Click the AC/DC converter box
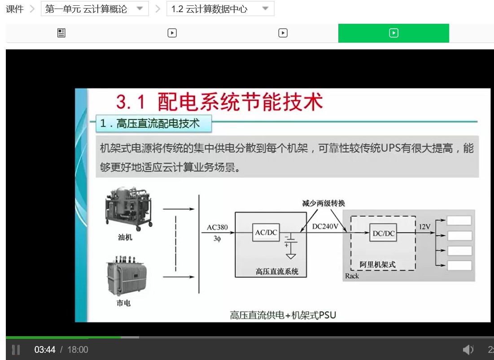click(266, 233)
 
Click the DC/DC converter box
click(384, 233)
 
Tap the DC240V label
click(325, 226)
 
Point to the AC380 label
click(217, 227)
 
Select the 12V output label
click(424, 226)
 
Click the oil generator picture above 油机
click(128, 208)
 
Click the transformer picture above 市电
click(127, 276)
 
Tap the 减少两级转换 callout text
click(324, 203)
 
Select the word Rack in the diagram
click(352, 276)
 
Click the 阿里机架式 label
click(377, 264)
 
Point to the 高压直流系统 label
click(277, 271)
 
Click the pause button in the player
click(16, 350)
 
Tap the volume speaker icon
click(468, 349)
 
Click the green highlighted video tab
click(393, 33)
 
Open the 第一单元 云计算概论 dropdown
click(95, 9)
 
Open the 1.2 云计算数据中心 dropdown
click(220, 9)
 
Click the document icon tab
click(61, 33)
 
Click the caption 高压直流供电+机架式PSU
click(283, 315)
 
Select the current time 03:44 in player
click(45, 350)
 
